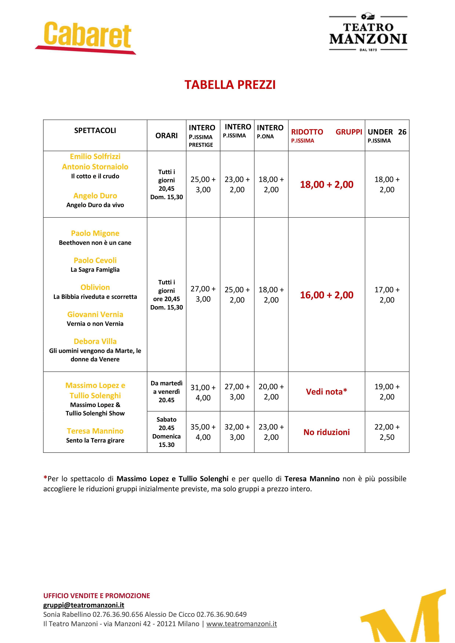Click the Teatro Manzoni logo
(368, 33)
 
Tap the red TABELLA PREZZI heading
(230, 85)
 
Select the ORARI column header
(167, 136)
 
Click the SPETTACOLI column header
(95, 130)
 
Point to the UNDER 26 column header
(387, 132)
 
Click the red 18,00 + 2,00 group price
(327, 185)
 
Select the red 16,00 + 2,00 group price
(327, 295)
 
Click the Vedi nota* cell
(327, 392)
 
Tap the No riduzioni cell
(327, 432)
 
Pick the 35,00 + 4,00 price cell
(203, 432)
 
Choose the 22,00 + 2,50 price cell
(387, 432)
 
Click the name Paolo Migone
(95, 233)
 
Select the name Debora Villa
(95, 341)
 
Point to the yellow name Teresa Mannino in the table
(95, 431)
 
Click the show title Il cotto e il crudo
(95, 176)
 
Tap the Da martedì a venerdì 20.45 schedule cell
(167, 392)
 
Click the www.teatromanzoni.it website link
(241, 624)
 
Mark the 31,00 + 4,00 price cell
(203, 392)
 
